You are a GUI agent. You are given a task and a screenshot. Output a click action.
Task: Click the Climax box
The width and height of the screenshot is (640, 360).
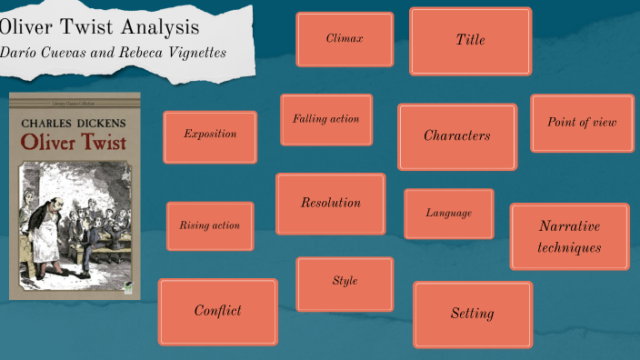(x=345, y=39)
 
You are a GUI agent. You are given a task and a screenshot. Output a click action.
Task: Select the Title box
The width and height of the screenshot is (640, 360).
(x=470, y=41)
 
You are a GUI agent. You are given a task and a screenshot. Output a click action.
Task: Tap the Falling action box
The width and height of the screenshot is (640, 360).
(x=326, y=119)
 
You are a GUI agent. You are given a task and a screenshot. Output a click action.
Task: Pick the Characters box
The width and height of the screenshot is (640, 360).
(x=456, y=136)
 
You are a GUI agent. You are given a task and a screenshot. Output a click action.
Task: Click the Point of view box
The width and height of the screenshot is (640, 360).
(x=582, y=123)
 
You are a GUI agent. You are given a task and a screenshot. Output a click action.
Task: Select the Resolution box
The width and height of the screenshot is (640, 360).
(x=331, y=204)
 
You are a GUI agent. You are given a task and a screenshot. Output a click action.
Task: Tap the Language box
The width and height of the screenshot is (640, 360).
(x=449, y=214)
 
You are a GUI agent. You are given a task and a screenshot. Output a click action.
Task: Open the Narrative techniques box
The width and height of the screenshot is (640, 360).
(x=569, y=236)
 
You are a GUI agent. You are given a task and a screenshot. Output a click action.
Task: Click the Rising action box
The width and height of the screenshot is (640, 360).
(x=210, y=226)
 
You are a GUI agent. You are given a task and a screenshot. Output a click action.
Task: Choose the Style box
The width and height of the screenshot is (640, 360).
(x=345, y=283)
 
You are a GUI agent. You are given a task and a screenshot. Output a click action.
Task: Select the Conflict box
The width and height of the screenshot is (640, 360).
(x=218, y=312)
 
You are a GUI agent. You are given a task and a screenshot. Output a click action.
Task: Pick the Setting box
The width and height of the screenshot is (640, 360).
(x=473, y=315)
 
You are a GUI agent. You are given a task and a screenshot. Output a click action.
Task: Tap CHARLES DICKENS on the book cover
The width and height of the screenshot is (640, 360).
(x=74, y=122)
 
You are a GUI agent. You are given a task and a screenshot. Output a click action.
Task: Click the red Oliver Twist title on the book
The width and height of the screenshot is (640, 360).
(x=74, y=142)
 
